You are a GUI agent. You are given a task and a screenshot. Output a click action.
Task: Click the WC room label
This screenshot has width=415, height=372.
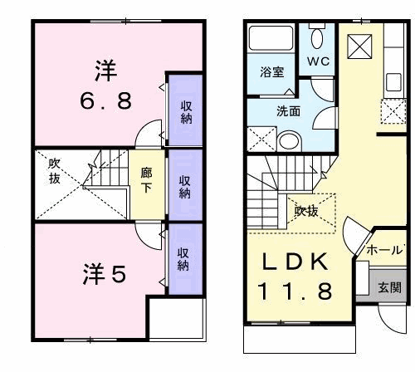(x=318, y=61)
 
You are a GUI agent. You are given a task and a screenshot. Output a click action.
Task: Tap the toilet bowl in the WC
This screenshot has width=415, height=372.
(x=317, y=38)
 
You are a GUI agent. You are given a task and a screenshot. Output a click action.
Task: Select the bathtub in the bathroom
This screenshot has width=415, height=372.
(x=271, y=38)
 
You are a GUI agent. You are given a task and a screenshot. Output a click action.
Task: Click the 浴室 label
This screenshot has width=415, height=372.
(x=272, y=72)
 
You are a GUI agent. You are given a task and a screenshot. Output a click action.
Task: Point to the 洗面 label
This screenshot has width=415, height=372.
(x=288, y=111)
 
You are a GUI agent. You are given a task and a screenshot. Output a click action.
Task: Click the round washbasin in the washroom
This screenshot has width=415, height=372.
(x=289, y=141)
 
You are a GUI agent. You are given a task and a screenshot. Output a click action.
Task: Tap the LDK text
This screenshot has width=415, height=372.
(x=295, y=262)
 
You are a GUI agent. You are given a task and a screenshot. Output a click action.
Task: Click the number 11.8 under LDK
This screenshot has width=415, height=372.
(x=295, y=291)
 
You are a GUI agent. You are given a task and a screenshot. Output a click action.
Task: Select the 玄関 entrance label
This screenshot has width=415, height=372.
(x=389, y=287)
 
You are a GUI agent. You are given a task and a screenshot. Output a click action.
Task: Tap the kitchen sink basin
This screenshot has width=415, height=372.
(x=393, y=82)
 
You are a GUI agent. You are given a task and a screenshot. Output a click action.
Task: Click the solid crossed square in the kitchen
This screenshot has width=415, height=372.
(x=359, y=46)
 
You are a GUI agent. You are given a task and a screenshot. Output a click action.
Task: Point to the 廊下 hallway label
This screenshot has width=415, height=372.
(x=146, y=180)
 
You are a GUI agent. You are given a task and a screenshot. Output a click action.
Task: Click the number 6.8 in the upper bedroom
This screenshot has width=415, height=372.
(x=106, y=101)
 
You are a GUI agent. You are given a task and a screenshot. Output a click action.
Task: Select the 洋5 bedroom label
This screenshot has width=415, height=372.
(x=105, y=274)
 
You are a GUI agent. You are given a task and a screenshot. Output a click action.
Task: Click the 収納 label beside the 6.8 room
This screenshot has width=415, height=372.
(x=187, y=112)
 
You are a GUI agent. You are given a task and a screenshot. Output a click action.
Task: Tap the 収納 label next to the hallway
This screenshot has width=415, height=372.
(x=185, y=187)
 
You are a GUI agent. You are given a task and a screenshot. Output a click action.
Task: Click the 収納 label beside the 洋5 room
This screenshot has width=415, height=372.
(x=183, y=259)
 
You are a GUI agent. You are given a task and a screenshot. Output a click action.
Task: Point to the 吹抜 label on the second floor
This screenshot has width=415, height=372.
(x=54, y=171)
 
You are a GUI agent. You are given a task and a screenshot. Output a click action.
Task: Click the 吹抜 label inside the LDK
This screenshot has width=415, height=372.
(x=306, y=212)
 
